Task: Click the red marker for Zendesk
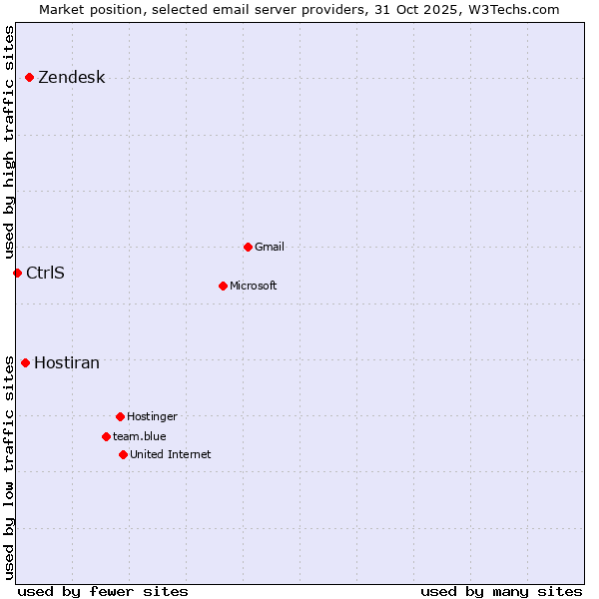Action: click(x=30, y=77)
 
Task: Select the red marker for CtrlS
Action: click(x=17, y=273)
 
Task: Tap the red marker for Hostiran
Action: click(x=25, y=362)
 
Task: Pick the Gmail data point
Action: click(x=248, y=247)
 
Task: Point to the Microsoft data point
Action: click(x=223, y=286)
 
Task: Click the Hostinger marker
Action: click(x=120, y=416)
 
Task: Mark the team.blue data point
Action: click(x=106, y=436)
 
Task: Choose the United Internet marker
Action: click(x=123, y=454)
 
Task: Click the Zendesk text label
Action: click(x=71, y=78)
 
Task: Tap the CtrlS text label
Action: click(x=45, y=273)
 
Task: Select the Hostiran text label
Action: click(x=67, y=363)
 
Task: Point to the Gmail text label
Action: click(x=270, y=248)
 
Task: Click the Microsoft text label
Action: click(x=254, y=287)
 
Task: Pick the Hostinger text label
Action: click(x=152, y=417)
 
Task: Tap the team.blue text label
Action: click(x=140, y=437)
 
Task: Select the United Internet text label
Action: click(x=171, y=455)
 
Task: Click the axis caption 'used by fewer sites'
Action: click(x=103, y=591)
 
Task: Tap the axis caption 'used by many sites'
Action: click(x=501, y=591)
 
